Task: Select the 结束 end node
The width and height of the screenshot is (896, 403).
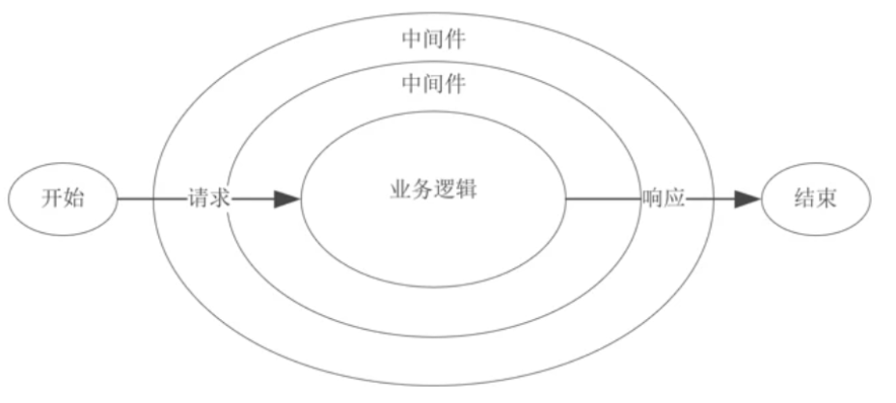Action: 815,200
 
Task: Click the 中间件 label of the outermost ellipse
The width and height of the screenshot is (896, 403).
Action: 433,40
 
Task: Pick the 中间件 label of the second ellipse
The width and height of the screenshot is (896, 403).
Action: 433,85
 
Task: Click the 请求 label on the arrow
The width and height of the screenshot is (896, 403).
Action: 208,200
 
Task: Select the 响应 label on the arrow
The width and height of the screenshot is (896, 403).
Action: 664,200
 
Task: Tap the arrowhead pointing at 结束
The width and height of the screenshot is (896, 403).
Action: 747,200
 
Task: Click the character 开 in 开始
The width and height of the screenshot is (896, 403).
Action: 52,200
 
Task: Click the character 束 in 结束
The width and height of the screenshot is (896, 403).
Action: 827,200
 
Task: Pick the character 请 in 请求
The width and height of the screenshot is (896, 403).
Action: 198,200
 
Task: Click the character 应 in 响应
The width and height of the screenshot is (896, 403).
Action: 674,200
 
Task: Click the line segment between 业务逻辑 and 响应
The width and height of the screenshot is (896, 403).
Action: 603,200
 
